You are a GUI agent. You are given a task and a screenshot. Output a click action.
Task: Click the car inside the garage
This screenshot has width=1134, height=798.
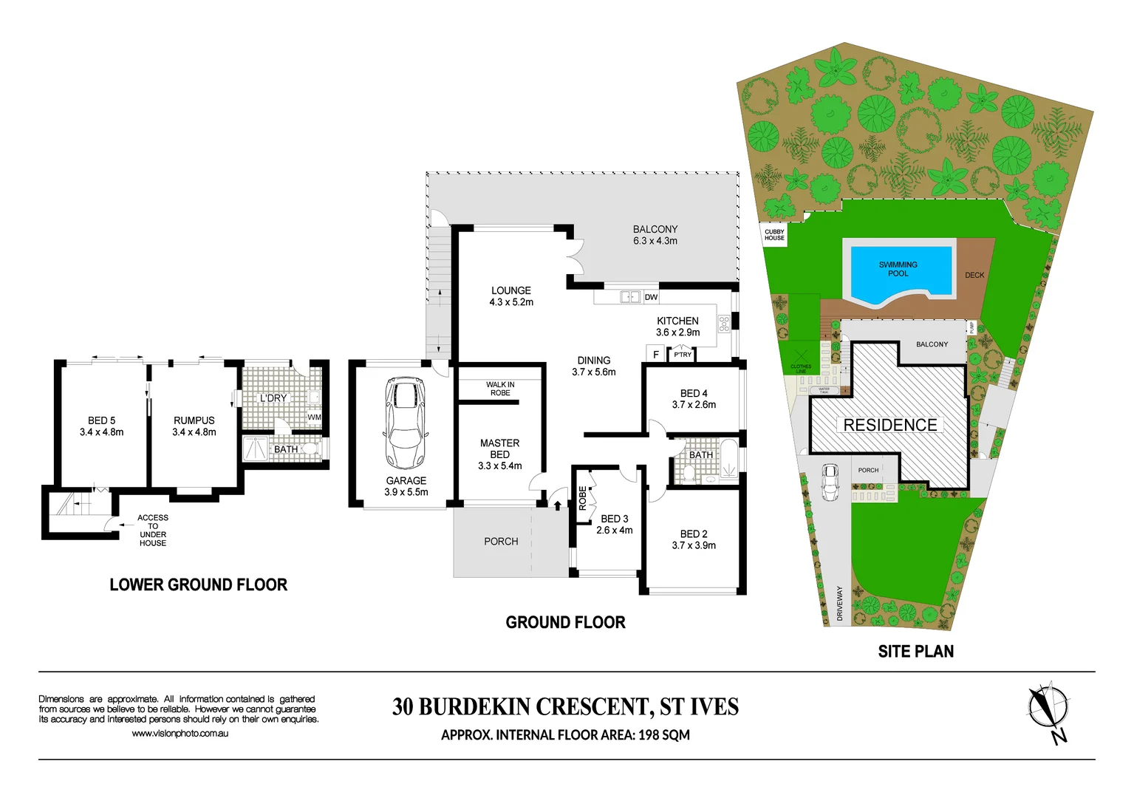406,423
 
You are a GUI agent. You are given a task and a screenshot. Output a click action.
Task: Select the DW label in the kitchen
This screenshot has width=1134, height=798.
651,297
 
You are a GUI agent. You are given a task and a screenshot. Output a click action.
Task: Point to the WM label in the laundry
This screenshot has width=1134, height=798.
314,417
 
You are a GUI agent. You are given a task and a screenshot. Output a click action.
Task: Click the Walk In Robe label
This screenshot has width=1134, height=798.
500,389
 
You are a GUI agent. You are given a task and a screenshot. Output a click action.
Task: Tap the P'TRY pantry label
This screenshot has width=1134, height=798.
683,355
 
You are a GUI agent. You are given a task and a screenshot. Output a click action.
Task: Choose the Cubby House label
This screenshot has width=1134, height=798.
774,235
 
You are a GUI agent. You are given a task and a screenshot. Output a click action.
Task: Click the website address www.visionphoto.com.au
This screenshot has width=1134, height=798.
180,734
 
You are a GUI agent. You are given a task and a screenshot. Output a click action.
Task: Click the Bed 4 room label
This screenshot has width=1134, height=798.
694,399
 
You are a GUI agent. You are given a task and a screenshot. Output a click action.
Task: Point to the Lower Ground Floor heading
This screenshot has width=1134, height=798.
198,585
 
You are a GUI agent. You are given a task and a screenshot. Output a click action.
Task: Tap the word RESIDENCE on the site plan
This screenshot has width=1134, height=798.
890,426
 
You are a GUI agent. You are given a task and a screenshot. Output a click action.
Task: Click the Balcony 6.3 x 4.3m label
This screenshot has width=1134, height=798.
655,235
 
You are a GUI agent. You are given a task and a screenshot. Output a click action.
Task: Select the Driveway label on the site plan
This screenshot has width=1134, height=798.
840,604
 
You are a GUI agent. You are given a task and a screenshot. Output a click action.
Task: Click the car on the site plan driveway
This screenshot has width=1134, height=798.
830,482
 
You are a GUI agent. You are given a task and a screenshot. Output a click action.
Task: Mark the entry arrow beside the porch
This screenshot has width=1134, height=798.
557,505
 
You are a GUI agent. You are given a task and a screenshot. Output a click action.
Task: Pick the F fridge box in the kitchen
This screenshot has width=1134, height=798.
656,355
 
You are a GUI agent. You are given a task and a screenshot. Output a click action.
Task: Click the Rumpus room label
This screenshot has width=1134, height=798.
194,426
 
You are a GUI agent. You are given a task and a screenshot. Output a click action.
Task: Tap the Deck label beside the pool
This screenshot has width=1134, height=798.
974,275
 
